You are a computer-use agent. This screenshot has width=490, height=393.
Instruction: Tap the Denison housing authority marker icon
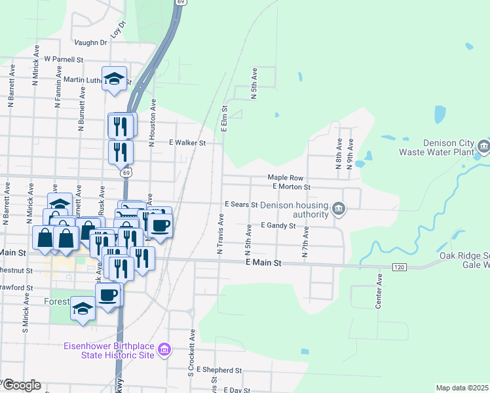point(338,209)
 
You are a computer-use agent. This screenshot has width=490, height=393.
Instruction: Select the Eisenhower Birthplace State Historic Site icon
point(164,350)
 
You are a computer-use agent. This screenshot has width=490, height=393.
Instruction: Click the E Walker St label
point(187,142)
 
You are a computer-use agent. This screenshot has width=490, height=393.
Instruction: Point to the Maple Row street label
point(286,178)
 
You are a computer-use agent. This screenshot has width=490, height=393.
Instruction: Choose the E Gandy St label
point(278,225)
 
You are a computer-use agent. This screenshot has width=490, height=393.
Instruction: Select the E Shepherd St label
point(219,370)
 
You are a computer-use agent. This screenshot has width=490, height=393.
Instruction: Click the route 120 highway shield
point(398,267)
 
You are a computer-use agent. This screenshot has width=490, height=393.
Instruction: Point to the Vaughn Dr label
point(90,43)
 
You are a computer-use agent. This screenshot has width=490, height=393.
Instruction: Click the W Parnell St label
point(64,58)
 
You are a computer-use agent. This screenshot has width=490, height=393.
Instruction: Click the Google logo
point(22,385)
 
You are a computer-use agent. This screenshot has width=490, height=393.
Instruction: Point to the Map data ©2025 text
point(462,388)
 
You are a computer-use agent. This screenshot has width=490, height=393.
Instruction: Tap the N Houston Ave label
point(152,122)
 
